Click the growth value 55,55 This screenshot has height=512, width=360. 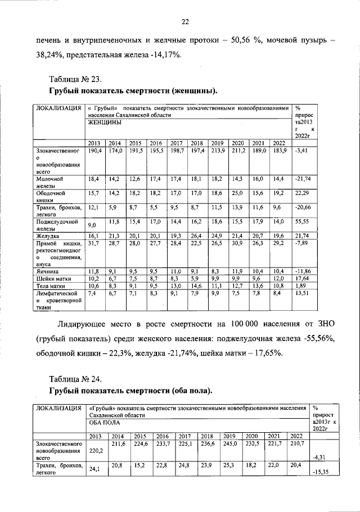[x=303, y=222]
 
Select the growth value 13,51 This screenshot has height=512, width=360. [x=303, y=292]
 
